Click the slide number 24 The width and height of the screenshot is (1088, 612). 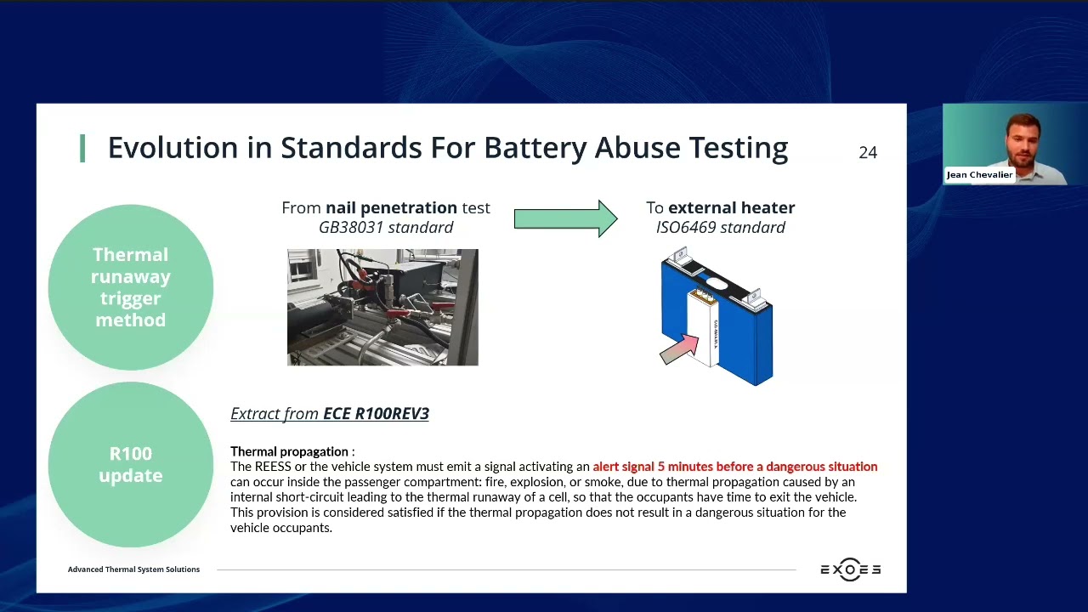point(867,152)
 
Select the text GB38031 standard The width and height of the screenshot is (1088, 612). point(386,227)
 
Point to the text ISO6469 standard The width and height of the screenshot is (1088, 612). point(720,227)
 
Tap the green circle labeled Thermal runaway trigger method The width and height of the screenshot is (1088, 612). point(131,287)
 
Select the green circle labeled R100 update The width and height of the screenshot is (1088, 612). point(131,464)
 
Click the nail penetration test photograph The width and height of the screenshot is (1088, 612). point(382,307)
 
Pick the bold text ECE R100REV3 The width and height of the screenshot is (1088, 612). point(376,413)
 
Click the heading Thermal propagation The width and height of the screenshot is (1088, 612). point(289,451)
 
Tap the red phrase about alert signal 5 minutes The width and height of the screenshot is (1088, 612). point(734,467)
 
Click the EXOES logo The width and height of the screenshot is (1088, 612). point(850,569)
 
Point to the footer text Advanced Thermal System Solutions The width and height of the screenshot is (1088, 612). point(133,569)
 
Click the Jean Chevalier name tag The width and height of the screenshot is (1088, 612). point(979,175)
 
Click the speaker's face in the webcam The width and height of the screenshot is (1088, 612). point(1022,138)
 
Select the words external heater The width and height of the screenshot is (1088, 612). point(731,207)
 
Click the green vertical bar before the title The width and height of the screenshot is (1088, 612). point(82,148)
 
